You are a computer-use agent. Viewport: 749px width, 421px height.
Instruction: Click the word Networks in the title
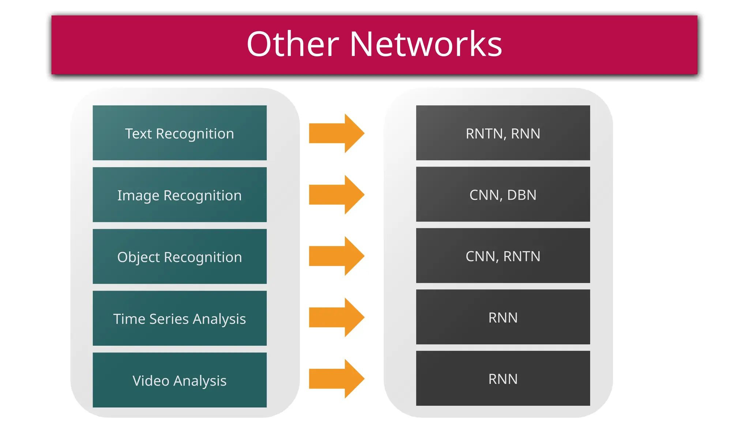pyautogui.click(x=426, y=44)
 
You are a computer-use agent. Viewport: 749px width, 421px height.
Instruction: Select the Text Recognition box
pyautogui.click(x=180, y=133)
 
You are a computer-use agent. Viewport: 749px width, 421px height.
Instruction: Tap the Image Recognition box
pyautogui.click(x=180, y=195)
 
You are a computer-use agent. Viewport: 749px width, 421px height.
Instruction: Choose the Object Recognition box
pyautogui.click(x=180, y=257)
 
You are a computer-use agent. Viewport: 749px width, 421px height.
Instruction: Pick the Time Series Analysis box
pyautogui.click(x=180, y=318)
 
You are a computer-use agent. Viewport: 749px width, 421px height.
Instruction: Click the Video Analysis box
pyautogui.click(x=180, y=380)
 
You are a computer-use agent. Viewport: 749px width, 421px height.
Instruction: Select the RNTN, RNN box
pyautogui.click(x=503, y=133)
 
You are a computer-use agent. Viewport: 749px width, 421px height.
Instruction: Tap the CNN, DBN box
pyautogui.click(x=503, y=194)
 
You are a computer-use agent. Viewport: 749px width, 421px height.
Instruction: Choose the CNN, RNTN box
pyautogui.click(x=503, y=256)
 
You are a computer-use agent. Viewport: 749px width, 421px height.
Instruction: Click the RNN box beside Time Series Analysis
pyautogui.click(x=503, y=317)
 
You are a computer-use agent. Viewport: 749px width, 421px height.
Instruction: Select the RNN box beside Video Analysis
pyautogui.click(x=503, y=379)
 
